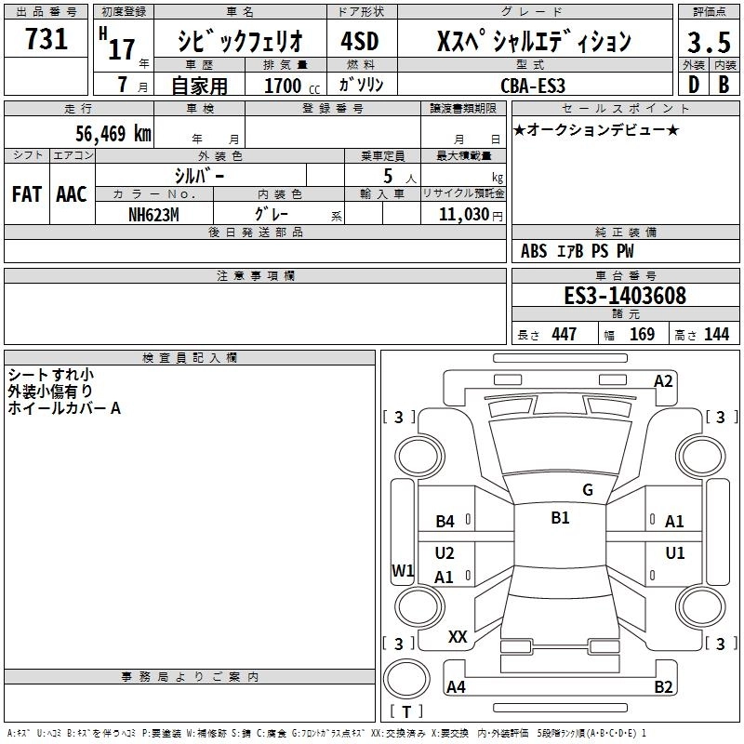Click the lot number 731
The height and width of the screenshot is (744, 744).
click(x=46, y=38)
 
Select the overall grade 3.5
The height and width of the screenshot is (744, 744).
click(x=709, y=42)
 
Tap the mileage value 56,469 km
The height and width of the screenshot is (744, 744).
click(x=113, y=133)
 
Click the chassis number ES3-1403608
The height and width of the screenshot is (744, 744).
click(x=625, y=296)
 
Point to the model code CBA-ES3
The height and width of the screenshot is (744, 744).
click(x=533, y=86)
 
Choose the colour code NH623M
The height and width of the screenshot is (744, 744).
click(x=153, y=215)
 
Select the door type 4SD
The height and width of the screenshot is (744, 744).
click(x=360, y=41)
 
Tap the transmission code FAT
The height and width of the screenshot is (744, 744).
click(x=27, y=194)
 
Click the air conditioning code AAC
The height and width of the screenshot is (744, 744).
click(x=72, y=194)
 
